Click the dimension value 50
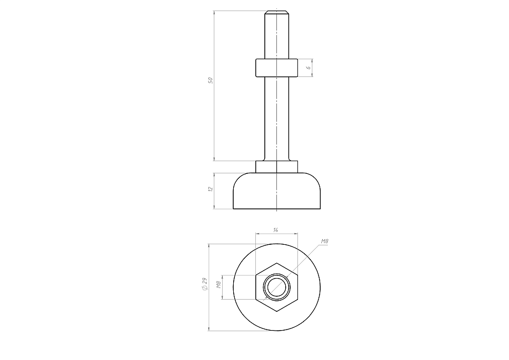[210, 80]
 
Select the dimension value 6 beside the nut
[309, 67]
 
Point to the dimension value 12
[210, 189]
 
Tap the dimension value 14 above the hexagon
[276, 230]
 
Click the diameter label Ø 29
[204, 284]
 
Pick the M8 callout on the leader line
[325, 241]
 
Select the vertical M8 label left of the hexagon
[219, 285]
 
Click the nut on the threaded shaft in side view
[276, 68]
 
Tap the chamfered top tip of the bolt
[276, 13]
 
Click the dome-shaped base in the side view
[276, 191]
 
